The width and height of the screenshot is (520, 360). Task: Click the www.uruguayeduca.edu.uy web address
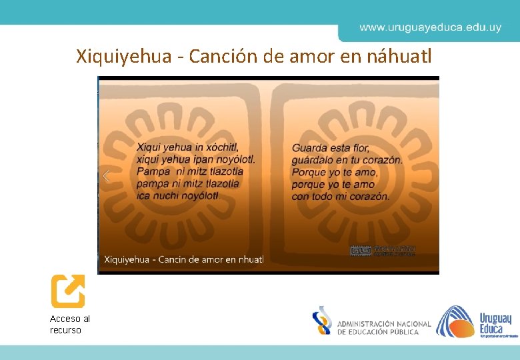click(430, 28)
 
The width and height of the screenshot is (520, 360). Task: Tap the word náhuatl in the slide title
click(400, 57)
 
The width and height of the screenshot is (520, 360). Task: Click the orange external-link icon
click(68, 291)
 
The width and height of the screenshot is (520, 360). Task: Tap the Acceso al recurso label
click(69, 324)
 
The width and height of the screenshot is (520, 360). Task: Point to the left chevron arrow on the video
click(105, 176)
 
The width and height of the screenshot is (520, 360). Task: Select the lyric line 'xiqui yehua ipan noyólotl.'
click(195, 159)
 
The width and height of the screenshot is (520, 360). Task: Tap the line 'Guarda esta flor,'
click(331, 147)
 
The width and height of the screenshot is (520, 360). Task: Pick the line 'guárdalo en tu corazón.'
click(347, 159)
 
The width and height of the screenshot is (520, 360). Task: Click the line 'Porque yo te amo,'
click(335, 172)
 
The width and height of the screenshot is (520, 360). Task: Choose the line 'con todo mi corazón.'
click(341, 196)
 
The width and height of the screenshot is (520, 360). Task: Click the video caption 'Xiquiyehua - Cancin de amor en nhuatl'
click(184, 259)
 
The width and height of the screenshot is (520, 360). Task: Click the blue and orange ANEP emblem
click(322, 321)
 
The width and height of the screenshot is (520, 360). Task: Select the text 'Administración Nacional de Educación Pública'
click(384, 327)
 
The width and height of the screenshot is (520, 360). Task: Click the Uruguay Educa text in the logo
click(495, 323)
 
